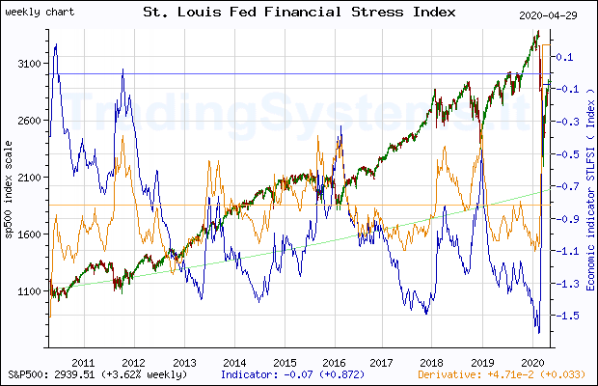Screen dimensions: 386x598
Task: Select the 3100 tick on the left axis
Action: point(31,64)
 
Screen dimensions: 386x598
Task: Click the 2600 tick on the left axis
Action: point(31,121)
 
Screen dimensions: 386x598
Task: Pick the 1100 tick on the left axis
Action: point(31,291)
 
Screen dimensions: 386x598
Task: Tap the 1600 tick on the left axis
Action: point(31,234)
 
